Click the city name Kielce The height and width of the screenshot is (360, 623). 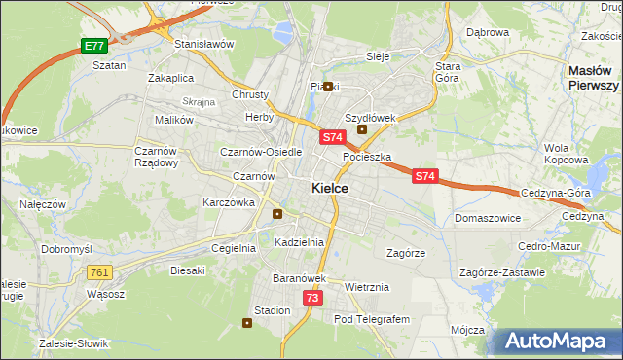pos(330,188)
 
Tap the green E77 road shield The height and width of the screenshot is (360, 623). pos(93,46)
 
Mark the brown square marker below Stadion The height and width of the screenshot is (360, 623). pos(247,325)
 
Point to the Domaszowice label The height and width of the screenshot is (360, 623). pos(486,218)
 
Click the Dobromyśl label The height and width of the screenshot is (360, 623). pos(66,249)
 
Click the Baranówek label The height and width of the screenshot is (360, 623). pos(299,278)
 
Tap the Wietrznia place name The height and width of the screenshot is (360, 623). pos(367,287)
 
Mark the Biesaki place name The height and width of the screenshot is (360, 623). pos(188,270)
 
